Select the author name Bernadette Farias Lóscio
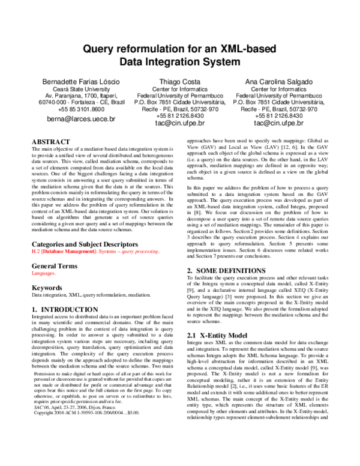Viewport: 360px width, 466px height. [x=73, y=81]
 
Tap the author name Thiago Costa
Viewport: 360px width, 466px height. [x=180, y=81]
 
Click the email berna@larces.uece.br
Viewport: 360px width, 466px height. [x=73, y=120]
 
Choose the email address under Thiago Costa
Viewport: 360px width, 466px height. [x=180, y=123]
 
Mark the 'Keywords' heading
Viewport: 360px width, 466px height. [x=47, y=288]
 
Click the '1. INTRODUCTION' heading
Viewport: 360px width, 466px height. [x=62, y=309]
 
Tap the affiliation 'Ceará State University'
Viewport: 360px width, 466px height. [x=73, y=88]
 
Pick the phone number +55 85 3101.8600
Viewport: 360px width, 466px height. [x=73, y=110]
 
